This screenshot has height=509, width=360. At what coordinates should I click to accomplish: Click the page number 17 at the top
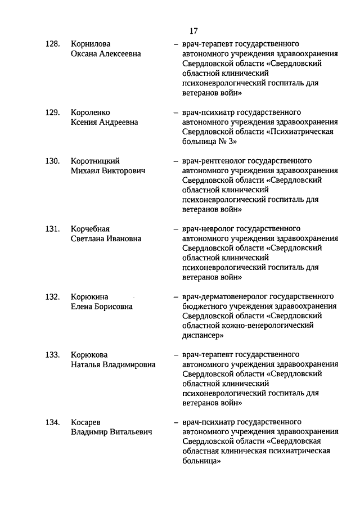[193, 30]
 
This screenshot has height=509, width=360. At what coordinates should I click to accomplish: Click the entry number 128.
[52, 44]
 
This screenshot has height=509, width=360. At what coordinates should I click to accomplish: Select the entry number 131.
[52, 229]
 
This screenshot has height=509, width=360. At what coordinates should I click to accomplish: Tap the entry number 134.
[52, 422]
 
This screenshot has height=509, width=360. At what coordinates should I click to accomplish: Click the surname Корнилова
[91, 44]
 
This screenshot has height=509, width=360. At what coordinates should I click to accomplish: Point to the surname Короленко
[91, 112]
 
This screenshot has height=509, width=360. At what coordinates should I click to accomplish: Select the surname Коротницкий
[95, 161]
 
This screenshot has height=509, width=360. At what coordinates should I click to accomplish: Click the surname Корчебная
[90, 229]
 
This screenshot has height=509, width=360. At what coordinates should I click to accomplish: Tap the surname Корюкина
[89, 296]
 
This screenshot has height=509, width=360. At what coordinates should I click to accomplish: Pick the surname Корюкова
[89, 355]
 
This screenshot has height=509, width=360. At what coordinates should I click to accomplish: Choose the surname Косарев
[86, 422]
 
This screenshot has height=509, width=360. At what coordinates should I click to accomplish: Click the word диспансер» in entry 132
[203, 335]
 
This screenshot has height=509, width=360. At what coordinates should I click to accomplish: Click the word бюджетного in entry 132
[202, 306]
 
